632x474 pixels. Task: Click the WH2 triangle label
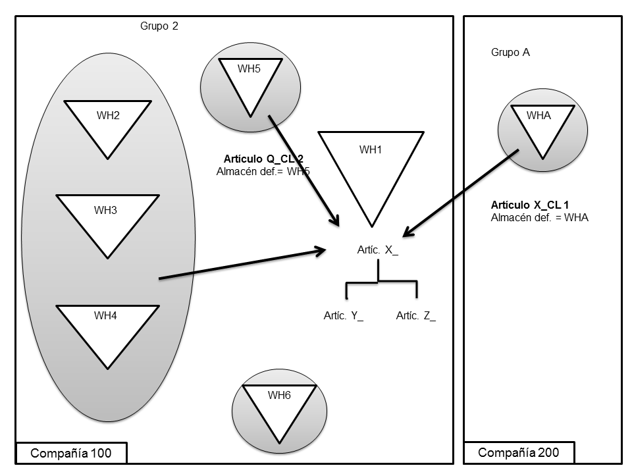(108, 116)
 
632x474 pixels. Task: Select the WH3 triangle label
(105, 211)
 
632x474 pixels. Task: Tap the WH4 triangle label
(105, 315)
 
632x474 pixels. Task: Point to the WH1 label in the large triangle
(371, 149)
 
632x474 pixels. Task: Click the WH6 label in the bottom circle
(279, 395)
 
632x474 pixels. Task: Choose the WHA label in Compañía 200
(539, 115)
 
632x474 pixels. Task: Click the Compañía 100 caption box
(70, 453)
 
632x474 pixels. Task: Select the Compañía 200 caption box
(519, 452)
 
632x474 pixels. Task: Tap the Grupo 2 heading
(159, 26)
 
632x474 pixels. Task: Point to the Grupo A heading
(510, 53)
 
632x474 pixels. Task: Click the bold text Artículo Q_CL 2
(264, 159)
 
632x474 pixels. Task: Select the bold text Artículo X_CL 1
(530, 205)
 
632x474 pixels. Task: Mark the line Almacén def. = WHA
(539, 217)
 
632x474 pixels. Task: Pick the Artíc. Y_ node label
(343, 316)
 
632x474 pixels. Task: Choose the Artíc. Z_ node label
(415, 316)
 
